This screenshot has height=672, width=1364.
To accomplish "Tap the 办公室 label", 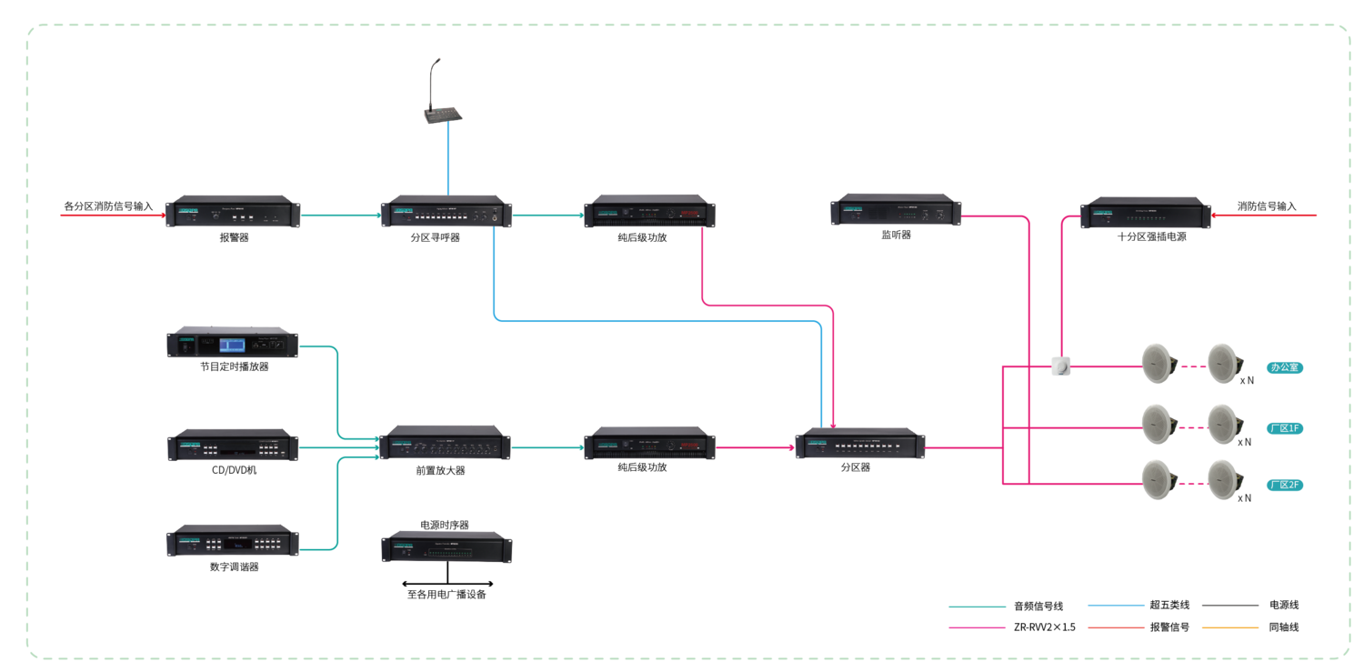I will (x=1285, y=368).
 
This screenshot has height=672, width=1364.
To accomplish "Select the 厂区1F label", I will (x=1285, y=428).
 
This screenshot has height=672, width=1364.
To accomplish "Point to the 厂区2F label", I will (x=1285, y=486).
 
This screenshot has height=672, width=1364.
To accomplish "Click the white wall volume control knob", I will (x=1060, y=366).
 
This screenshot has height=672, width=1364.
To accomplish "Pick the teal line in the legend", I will (x=977, y=607).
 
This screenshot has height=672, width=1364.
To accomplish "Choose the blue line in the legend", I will (x=1116, y=605).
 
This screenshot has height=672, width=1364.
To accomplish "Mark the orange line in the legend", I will (x=1229, y=627).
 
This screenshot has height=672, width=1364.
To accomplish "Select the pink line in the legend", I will (x=977, y=627).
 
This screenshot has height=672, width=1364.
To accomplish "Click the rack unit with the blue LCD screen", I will (x=232, y=343).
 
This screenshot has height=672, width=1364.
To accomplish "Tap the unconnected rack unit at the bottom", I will (x=446, y=547).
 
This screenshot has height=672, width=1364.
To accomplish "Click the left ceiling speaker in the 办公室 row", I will (x=1158, y=363).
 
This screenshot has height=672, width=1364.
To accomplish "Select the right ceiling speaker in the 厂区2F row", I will (x=1223, y=480).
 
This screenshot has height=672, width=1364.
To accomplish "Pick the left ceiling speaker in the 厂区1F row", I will (x=1158, y=424).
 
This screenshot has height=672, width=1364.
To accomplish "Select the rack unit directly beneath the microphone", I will (x=446, y=212).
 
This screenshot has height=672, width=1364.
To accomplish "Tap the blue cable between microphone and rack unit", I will (x=447, y=159).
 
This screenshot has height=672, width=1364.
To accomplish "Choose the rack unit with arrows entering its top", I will (x=860, y=443).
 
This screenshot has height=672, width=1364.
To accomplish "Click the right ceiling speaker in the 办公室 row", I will (x=1223, y=363).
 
